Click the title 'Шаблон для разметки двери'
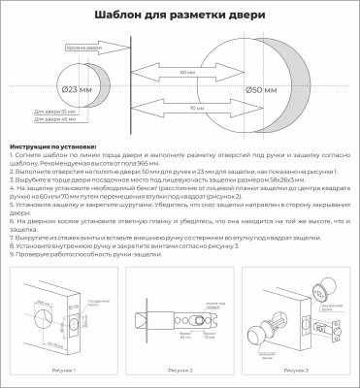[x=180, y=15]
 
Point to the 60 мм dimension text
[x=180, y=72]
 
